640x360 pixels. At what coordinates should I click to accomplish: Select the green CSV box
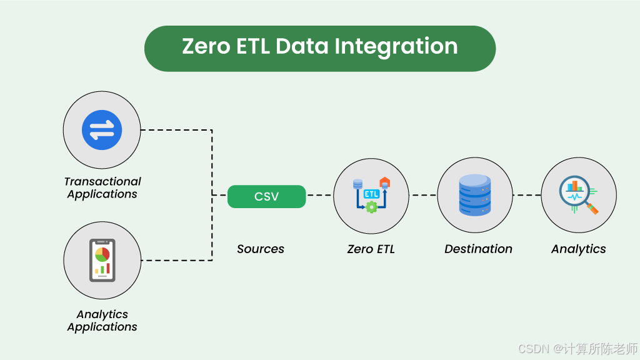pyautogui.click(x=266, y=197)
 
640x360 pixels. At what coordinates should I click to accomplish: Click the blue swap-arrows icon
pyautogui.click(x=102, y=130)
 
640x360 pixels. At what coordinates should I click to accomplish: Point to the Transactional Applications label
pyautogui.click(x=102, y=187)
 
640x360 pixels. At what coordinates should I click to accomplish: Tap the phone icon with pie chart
pyautogui.click(x=102, y=260)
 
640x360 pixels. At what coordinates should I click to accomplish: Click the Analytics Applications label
pyautogui.click(x=102, y=321)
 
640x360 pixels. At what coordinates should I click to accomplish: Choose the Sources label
pyautogui.click(x=260, y=249)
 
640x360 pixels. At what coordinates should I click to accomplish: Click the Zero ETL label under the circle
pyautogui.click(x=371, y=249)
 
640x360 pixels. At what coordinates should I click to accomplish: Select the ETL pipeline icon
pyautogui.click(x=371, y=195)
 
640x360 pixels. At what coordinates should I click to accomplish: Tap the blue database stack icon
pyautogui.click(x=475, y=195)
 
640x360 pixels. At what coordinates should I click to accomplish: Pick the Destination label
pyautogui.click(x=478, y=249)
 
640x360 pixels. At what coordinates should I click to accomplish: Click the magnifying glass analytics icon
pyautogui.click(x=579, y=195)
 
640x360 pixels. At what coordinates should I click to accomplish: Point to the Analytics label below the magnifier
pyautogui.click(x=578, y=249)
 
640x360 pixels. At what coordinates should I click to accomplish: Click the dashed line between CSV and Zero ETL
pyautogui.click(x=319, y=195)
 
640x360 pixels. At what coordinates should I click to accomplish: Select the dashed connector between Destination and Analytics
pyautogui.click(x=527, y=195)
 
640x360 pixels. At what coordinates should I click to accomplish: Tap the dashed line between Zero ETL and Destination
pyautogui.click(x=423, y=195)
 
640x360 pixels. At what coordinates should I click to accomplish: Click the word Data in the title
pyautogui.click(x=301, y=47)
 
